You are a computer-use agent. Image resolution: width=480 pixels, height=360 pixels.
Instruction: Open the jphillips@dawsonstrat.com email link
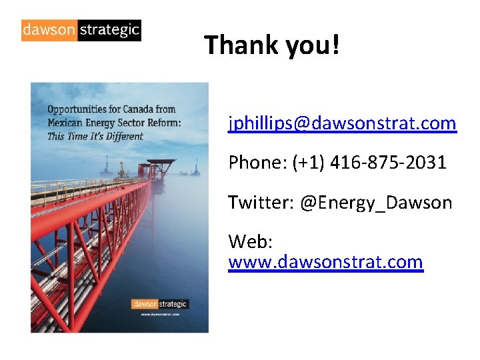click(342, 123)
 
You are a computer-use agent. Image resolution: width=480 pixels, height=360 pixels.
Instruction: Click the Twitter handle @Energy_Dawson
click(376, 202)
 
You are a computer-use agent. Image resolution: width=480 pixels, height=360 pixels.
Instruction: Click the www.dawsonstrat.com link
click(325, 262)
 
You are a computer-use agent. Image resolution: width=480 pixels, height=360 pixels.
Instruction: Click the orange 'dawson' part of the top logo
click(49, 30)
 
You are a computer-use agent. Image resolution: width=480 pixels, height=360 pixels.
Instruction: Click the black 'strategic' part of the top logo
click(109, 30)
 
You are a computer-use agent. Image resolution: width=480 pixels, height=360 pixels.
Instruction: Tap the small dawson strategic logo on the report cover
click(160, 304)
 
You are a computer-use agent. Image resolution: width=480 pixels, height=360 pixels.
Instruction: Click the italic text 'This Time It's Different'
click(95, 137)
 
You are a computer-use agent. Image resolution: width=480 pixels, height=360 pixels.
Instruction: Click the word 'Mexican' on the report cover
click(64, 123)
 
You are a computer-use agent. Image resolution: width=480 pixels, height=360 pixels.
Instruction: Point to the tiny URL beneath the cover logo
click(160, 313)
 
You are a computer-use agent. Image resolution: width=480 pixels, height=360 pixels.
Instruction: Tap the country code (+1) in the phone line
click(307, 162)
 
